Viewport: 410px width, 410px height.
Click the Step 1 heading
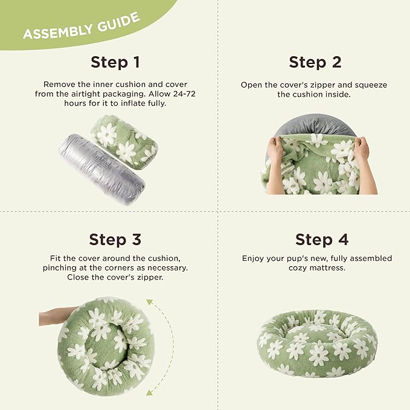(115, 63)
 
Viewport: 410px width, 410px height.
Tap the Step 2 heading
(315, 63)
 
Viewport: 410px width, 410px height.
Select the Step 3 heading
(115, 240)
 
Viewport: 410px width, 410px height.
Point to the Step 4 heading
(322, 240)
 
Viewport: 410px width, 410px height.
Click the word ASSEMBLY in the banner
(58, 32)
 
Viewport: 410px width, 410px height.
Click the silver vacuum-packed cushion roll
(101, 169)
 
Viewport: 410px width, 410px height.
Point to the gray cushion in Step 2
(315, 125)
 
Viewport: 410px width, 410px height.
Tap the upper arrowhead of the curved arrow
(150, 303)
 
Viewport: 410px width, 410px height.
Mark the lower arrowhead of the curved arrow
(149, 392)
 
